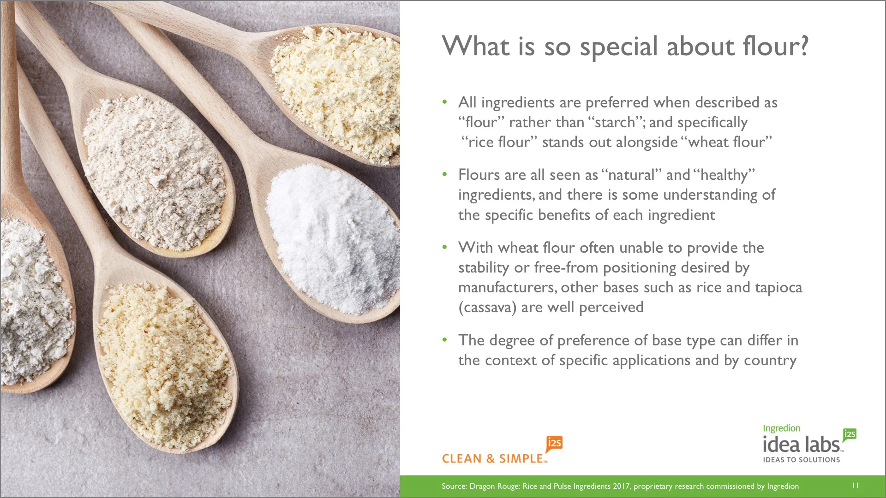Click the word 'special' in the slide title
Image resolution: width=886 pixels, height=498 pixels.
pyautogui.click(x=618, y=47)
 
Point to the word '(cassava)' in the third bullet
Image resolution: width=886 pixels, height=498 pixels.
pyautogui.click(x=487, y=308)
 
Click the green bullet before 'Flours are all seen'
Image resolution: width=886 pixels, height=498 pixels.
pyautogui.click(x=444, y=174)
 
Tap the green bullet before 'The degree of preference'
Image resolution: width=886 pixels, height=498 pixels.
pyautogui.click(x=444, y=340)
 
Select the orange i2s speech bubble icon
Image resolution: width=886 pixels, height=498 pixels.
pyautogui.click(x=554, y=444)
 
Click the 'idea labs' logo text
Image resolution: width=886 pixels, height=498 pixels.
pyautogui.click(x=801, y=445)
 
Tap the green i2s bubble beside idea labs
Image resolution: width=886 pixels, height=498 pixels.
pyautogui.click(x=850, y=434)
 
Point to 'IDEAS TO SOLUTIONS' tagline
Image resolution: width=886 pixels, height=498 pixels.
pyautogui.click(x=801, y=460)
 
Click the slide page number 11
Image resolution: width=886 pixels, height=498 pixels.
pyautogui.click(x=855, y=486)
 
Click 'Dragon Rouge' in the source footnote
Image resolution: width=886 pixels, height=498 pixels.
pyautogui.click(x=494, y=486)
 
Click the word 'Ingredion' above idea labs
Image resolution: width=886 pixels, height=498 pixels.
pyautogui.click(x=781, y=428)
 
